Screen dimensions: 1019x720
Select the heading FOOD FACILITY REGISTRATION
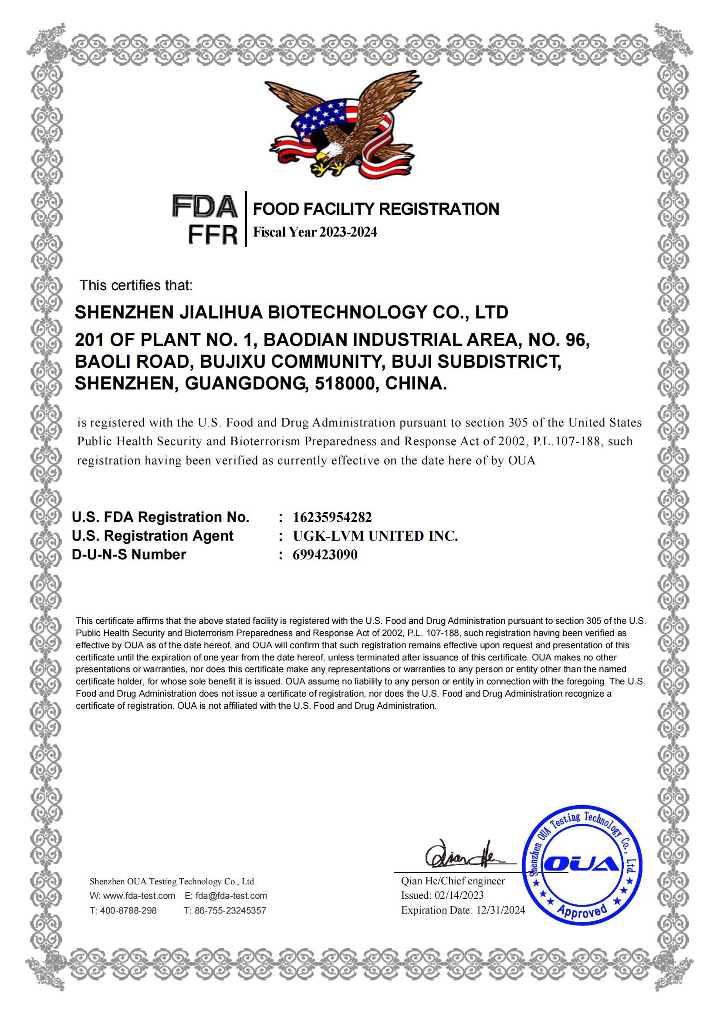pyautogui.click(x=376, y=209)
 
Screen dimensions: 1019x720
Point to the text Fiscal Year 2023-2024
pyautogui.click(x=314, y=232)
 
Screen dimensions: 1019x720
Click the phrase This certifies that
pyautogui.click(x=136, y=285)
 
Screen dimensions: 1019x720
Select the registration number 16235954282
pyautogui.click(x=332, y=517)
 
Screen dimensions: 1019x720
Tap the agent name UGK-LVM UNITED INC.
pyautogui.click(x=375, y=536)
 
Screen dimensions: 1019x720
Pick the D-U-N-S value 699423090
pyautogui.click(x=325, y=555)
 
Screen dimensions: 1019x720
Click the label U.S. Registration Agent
pyautogui.click(x=152, y=536)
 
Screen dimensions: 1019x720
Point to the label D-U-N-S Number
pyautogui.click(x=128, y=554)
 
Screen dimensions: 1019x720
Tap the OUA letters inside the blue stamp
pyautogui.click(x=583, y=863)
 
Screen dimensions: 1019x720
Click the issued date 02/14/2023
pyautogui.click(x=459, y=895)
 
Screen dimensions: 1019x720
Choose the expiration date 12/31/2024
pyautogui.click(x=500, y=910)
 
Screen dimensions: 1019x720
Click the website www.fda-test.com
pyautogui.click(x=139, y=896)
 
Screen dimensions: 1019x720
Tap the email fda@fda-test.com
pyautogui.click(x=231, y=896)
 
